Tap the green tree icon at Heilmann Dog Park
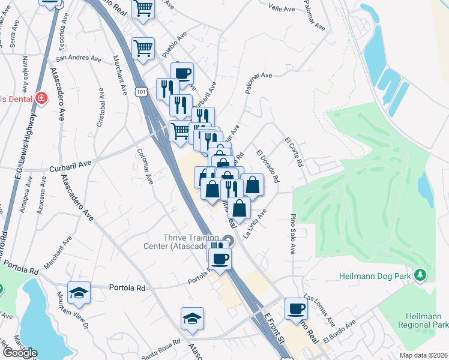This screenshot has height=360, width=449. click(421, 275)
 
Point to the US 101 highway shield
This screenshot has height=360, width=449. click(140, 92)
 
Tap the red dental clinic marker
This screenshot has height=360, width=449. click(41, 98)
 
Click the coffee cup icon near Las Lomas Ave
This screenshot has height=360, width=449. click(296, 308)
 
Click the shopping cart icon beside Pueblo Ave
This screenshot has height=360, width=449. click(143, 48)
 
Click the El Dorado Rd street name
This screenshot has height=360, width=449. click(267, 166)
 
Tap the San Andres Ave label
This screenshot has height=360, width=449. click(78, 59)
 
